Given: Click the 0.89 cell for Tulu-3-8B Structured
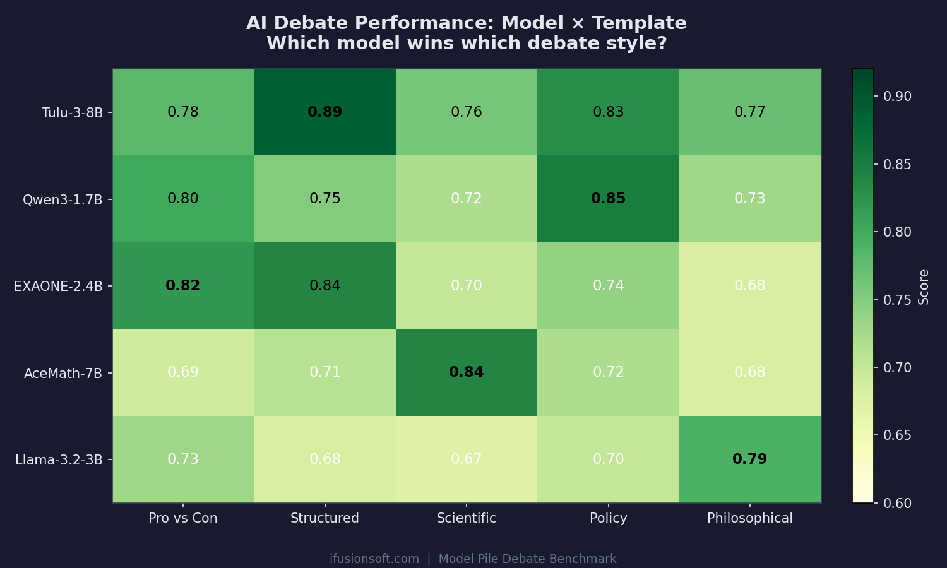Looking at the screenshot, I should (x=325, y=112).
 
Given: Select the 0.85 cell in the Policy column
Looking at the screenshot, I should (x=608, y=199).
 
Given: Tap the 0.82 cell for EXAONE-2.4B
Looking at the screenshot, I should (x=182, y=286).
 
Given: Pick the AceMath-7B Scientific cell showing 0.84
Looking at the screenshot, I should (x=466, y=372).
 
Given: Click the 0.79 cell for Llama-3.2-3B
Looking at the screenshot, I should (x=749, y=459).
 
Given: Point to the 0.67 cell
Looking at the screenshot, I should (x=466, y=459).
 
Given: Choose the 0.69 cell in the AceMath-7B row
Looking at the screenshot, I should (x=182, y=372).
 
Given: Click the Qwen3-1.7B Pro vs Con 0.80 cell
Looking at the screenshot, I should (x=182, y=199).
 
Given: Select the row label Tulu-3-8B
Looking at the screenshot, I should (x=72, y=113).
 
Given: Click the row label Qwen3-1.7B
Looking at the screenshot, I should (x=63, y=200).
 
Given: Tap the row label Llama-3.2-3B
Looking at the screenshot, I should (x=59, y=460).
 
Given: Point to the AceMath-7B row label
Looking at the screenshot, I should (x=63, y=374).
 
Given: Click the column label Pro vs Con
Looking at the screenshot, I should (x=182, y=518).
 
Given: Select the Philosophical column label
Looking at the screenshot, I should (x=749, y=518).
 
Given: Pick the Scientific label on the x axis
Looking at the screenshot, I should (x=466, y=518).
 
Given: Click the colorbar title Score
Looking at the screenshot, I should (x=924, y=287).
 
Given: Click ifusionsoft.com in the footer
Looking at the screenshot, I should (x=374, y=559).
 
